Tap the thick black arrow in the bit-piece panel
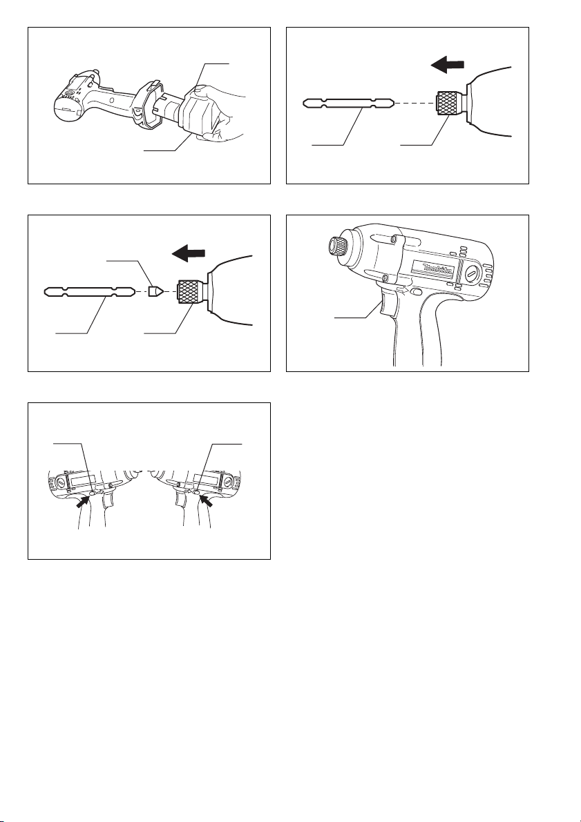click(x=189, y=254)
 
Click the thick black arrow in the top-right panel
click(x=447, y=65)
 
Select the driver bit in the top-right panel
click(x=348, y=103)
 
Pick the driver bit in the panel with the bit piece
click(x=90, y=291)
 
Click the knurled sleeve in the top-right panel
click(x=449, y=103)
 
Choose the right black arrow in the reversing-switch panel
click(x=206, y=502)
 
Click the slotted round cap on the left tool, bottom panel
click(x=62, y=480)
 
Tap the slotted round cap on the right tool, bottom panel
click(x=228, y=480)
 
